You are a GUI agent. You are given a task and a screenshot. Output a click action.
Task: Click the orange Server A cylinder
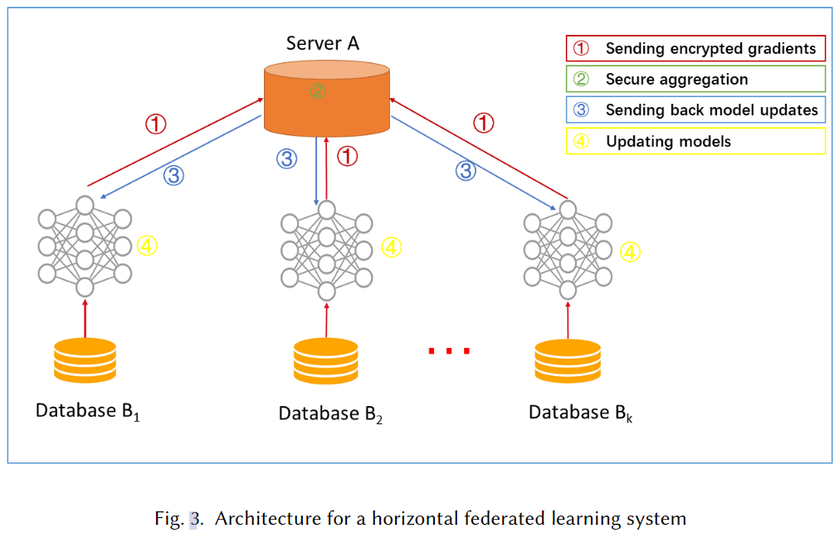[x=327, y=99]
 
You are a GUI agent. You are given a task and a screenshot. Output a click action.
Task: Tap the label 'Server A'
[x=322, y=43]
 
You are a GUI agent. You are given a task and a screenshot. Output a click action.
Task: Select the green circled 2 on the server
[x=317, y=91]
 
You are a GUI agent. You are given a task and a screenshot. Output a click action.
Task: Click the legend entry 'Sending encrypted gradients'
[x=695, y=48]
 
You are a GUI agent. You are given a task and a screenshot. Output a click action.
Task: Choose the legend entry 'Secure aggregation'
[x=695, y=79]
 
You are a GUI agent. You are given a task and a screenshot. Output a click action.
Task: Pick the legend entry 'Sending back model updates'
[x=695, y=110]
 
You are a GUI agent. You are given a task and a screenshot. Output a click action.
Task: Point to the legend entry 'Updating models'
[x=695, y=141]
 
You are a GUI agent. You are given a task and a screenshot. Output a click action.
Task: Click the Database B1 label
[x=88, y=412]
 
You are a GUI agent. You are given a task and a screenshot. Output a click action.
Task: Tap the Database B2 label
[x=330, y=414]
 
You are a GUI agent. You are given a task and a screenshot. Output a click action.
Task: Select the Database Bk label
[x=581, y=413]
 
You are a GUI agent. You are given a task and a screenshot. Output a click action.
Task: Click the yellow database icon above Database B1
[x=85, y=360]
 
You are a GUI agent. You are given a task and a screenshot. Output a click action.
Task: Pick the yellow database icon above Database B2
[x=326, y=360]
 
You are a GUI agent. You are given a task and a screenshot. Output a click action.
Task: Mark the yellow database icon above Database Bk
[x=568, y=361]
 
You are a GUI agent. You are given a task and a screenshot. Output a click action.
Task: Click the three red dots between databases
[x=449, y=351]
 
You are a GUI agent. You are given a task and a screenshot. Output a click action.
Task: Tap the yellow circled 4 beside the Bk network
[x=631, y=252]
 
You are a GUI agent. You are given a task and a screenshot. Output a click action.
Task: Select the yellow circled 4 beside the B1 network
[x=147, y=247]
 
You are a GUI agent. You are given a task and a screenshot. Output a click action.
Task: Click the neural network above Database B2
[x=327, y=251]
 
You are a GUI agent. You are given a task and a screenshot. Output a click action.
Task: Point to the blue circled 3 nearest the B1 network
[x=174, y=175]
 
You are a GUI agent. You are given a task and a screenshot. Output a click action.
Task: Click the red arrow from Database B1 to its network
[x=85, y=319]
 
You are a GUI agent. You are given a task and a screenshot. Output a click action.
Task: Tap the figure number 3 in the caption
[x=193, y=519]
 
